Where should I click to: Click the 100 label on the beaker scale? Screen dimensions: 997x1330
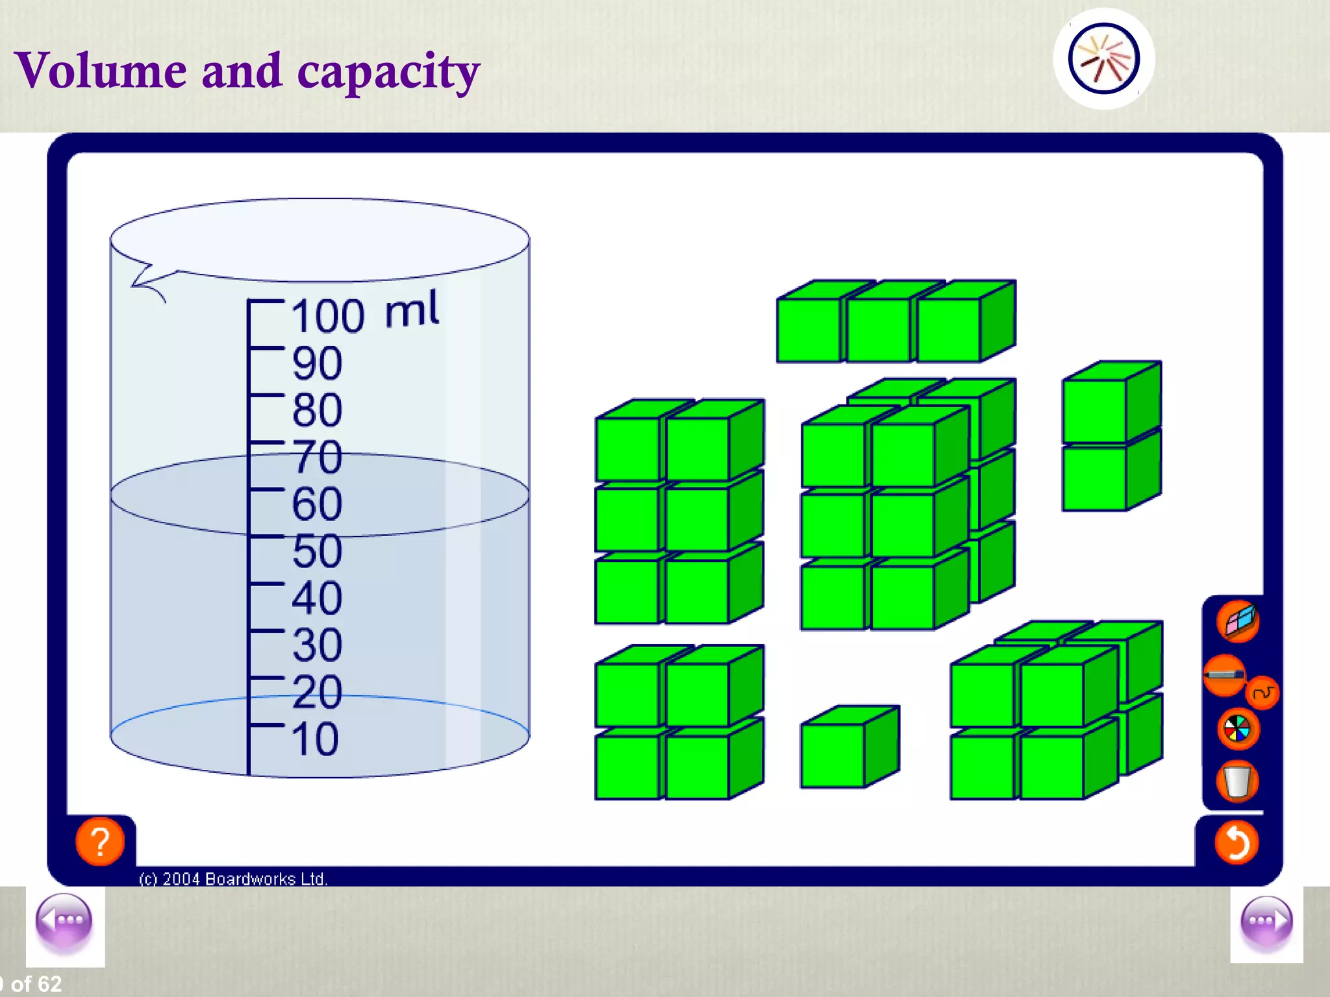328,316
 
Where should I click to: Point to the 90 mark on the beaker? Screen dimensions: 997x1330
317,363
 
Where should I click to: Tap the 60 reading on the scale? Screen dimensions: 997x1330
317,504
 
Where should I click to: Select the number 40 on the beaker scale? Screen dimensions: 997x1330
317,598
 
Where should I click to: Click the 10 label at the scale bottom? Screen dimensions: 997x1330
315,739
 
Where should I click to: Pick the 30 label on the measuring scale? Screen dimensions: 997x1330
317,645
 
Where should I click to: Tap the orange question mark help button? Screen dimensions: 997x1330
100,842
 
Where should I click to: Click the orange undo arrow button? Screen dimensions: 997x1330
1236,843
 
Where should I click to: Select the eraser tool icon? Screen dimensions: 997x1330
1238,621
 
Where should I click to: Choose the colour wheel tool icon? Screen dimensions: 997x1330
1237,729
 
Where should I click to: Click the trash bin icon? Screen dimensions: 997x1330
1237,782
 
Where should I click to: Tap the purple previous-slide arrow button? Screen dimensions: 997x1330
64,920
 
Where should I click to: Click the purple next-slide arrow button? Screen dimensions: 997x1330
1266,920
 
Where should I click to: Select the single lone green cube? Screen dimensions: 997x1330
849,748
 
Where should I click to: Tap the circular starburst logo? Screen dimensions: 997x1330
1103,58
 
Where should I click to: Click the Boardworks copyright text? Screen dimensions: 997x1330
233,879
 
